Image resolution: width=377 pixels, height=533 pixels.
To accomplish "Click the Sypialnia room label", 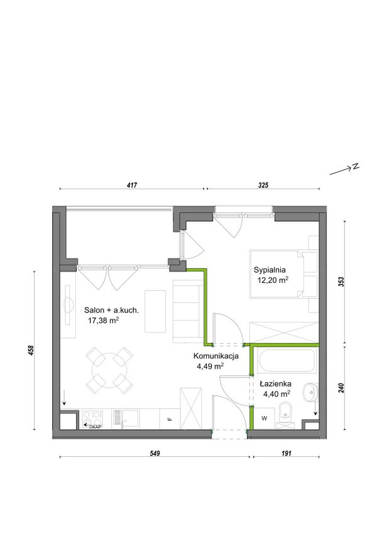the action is tap(270, 270).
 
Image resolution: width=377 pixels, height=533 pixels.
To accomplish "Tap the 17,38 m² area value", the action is tap(103, 320).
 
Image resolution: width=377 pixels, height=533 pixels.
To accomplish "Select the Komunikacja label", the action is tap(216, 356).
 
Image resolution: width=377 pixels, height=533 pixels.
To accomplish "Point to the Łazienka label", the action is tap(275, 384).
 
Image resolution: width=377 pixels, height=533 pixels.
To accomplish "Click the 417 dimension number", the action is tap(131, 185).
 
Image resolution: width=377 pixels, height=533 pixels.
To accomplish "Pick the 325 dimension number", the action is tap(263, 185).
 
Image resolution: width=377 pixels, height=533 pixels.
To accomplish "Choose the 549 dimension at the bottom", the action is tap(155, 453).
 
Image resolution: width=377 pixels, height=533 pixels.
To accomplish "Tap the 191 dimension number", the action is tap(287, 453).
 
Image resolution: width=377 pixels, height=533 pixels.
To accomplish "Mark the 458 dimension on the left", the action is tap(31, 351).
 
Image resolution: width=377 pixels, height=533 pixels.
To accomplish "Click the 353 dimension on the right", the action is tap(341, 282).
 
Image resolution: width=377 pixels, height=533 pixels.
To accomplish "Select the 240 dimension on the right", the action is tap(341, 388).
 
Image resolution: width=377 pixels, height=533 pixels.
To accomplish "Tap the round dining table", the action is tap(109, 370).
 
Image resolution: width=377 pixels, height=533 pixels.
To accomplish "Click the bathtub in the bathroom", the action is tap(287, 360).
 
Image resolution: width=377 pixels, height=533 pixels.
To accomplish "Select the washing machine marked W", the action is tap(264, 418).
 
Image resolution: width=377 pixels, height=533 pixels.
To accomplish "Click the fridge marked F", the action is tap(170, 419).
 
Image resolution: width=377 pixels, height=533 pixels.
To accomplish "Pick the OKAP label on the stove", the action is tap(95, 427).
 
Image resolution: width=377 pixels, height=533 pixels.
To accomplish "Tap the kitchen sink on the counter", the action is tap(126, 419).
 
